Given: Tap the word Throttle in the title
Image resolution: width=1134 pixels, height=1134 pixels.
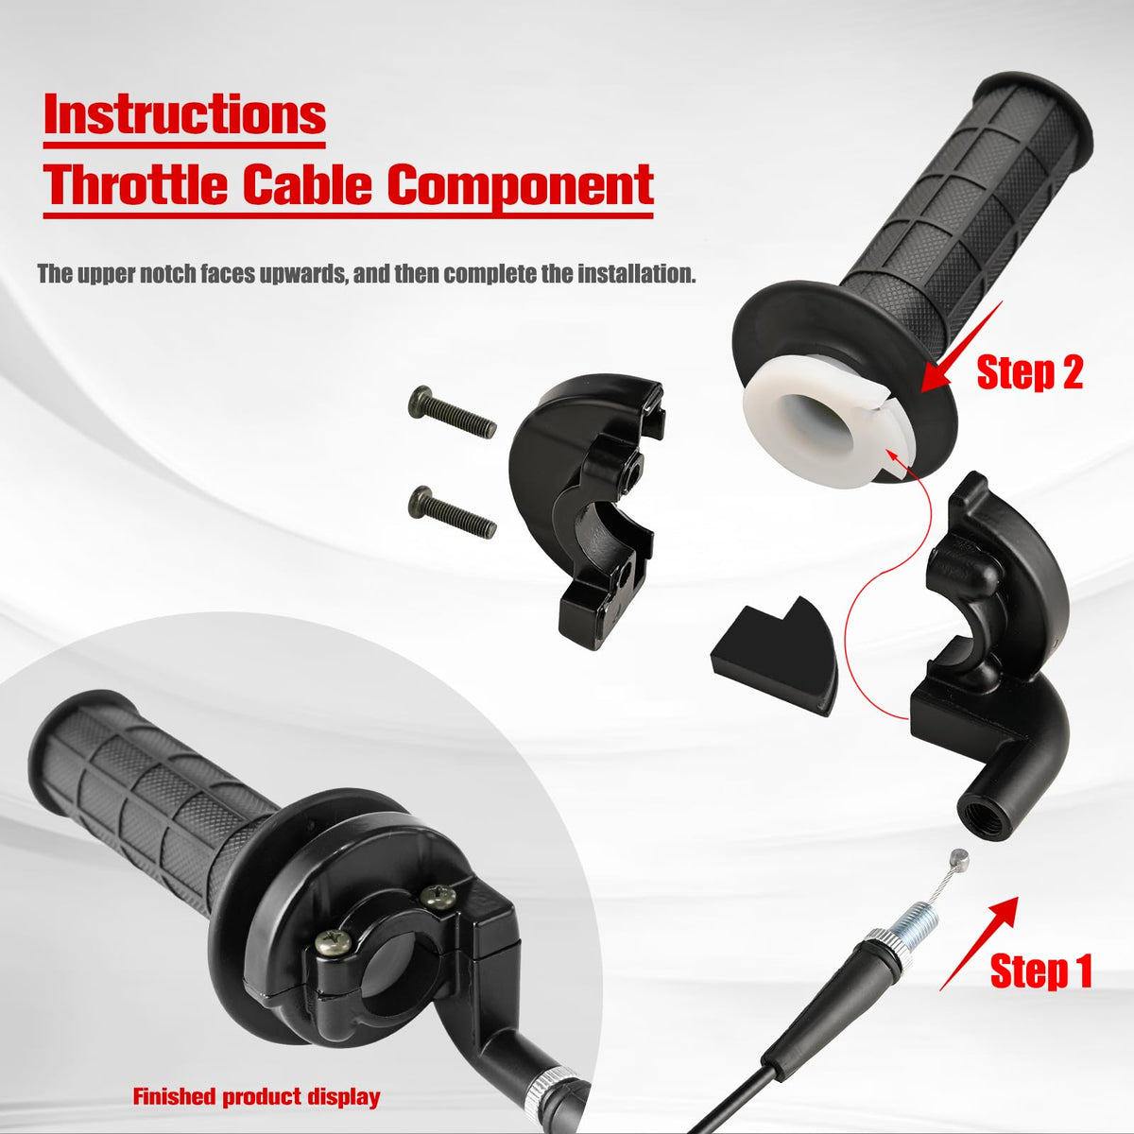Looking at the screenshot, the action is pos(135,184).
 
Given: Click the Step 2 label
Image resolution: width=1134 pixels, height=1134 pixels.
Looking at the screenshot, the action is pos(1030,372).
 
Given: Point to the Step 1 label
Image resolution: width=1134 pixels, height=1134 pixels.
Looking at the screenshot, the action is pos(1041,971).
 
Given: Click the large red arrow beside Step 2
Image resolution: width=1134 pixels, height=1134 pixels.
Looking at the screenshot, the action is pos(962,346).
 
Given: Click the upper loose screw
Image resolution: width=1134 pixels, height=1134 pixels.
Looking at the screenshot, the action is pos(452,412).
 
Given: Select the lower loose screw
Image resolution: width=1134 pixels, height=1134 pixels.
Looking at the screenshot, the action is pos(452,511).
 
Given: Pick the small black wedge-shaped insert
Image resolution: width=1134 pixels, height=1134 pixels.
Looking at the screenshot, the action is pos(775,655).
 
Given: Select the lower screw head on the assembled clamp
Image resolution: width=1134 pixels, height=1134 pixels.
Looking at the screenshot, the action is pos(333,942).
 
